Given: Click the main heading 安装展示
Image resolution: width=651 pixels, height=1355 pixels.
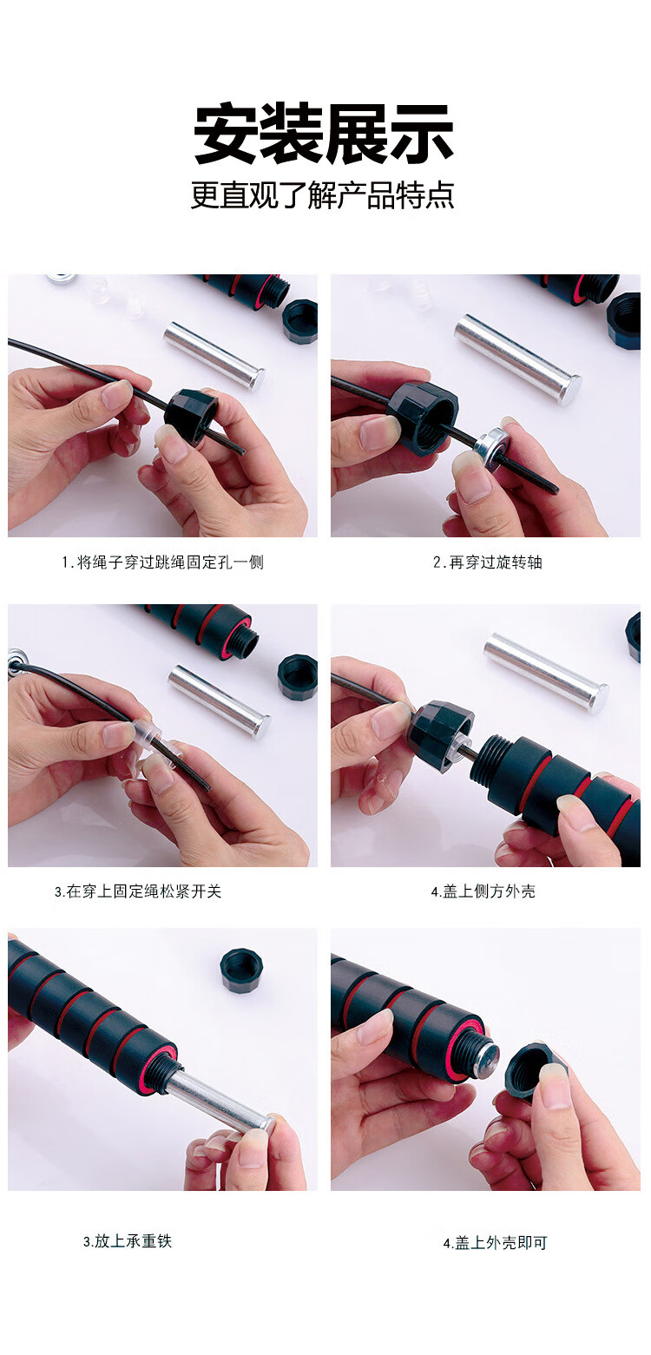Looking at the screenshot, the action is point(324,133).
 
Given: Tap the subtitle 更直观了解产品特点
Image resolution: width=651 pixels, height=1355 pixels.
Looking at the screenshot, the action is point(323,194).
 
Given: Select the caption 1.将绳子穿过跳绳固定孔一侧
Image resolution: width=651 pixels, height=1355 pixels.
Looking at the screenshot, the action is point(163,562).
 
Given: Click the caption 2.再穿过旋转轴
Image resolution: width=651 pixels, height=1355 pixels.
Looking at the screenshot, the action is point(488,562).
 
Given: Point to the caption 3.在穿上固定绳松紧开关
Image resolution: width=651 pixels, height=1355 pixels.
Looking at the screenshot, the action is point(139,891).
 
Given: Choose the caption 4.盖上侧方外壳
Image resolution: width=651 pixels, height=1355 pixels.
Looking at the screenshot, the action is point(483,891).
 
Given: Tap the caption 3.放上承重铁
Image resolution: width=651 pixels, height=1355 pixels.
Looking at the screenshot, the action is point(128,1240).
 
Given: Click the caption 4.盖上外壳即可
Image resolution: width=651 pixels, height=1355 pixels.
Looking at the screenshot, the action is point(496,1242).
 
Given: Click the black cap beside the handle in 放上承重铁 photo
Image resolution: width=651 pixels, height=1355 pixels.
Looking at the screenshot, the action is point(240,970).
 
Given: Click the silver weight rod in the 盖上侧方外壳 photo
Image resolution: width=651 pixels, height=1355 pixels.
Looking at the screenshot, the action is point(546,673).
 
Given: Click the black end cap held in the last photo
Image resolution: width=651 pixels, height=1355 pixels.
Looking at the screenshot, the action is point(530,1069).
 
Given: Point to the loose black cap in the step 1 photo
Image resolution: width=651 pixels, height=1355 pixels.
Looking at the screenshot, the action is point(300,321).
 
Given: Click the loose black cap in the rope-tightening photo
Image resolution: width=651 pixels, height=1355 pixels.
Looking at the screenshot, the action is point(298,676).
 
